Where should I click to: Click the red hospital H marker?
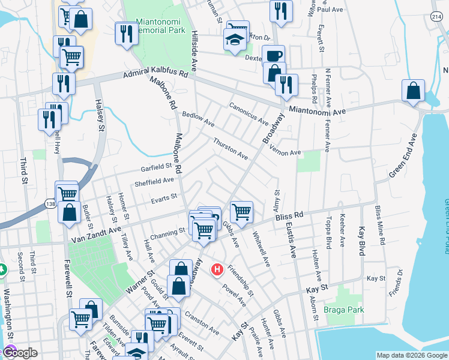[218, 271]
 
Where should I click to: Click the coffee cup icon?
[274, 56]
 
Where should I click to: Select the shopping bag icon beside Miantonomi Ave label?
[413, 92]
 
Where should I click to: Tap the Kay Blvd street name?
[361, 241]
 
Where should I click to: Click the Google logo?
[19, 353]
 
